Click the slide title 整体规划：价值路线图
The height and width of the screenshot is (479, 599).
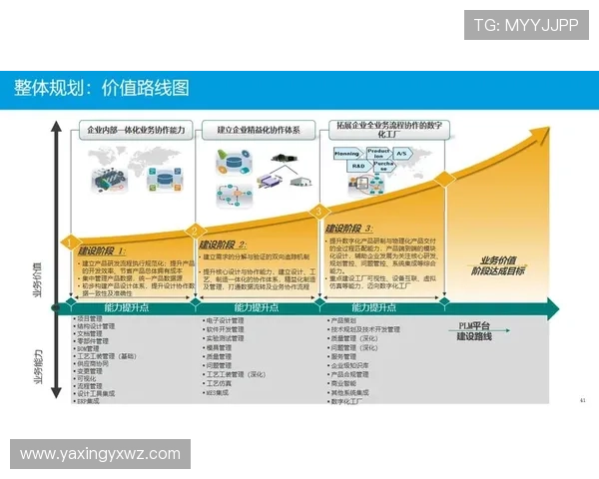click(101, 89)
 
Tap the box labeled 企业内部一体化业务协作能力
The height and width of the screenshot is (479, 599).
click(136, 130)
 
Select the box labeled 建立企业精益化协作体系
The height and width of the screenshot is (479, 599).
click(260, 130)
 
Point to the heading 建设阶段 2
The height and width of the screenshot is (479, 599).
click(222, 244)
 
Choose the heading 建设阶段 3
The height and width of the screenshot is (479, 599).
click(350, 229)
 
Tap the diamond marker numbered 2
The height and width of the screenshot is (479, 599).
click(194, 229)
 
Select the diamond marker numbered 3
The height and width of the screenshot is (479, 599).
click(319, 211)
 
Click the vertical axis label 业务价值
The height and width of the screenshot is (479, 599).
click(37, 281)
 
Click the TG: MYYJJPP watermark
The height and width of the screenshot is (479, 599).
click(526, 24)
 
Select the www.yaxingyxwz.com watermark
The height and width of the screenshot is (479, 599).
click(100, 454)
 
